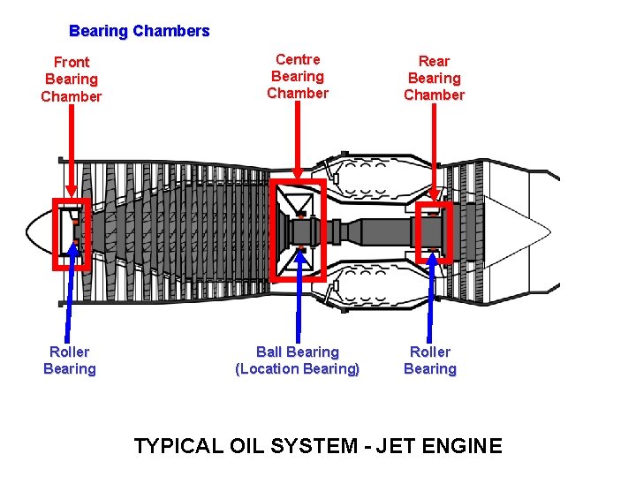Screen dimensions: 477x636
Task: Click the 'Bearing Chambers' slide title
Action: coord(140,31)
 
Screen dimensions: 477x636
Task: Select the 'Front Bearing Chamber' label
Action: coord(72,79)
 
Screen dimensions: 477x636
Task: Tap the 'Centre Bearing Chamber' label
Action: coord(298,76)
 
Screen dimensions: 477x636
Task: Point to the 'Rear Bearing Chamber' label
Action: coord(434,78)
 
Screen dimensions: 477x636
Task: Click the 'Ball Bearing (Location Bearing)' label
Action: coord(298,360)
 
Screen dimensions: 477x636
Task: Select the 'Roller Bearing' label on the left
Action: coord(70,360)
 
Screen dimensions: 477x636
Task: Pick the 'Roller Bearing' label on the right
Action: coord(430,360)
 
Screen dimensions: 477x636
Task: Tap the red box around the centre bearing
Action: coord(274,230)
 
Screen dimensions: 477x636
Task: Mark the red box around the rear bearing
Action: coord(449,232)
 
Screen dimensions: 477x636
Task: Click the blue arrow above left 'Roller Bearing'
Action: coord(74,291)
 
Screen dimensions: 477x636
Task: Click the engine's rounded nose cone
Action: coord(37,233)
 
